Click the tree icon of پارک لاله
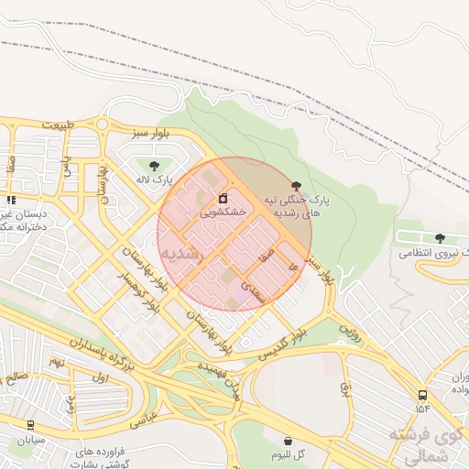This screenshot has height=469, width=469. click(x=151, y=164)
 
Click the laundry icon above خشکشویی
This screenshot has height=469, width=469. click(x=224, y=198)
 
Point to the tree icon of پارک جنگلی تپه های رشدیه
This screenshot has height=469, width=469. click(x=294, y=185)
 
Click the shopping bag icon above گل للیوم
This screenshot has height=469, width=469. click(x=289, y=441)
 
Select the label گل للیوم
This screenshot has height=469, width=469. click(x=289, y=454)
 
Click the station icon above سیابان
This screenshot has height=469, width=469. click(x=31, y=425)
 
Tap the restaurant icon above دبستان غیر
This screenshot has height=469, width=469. click(x=11, y=200)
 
